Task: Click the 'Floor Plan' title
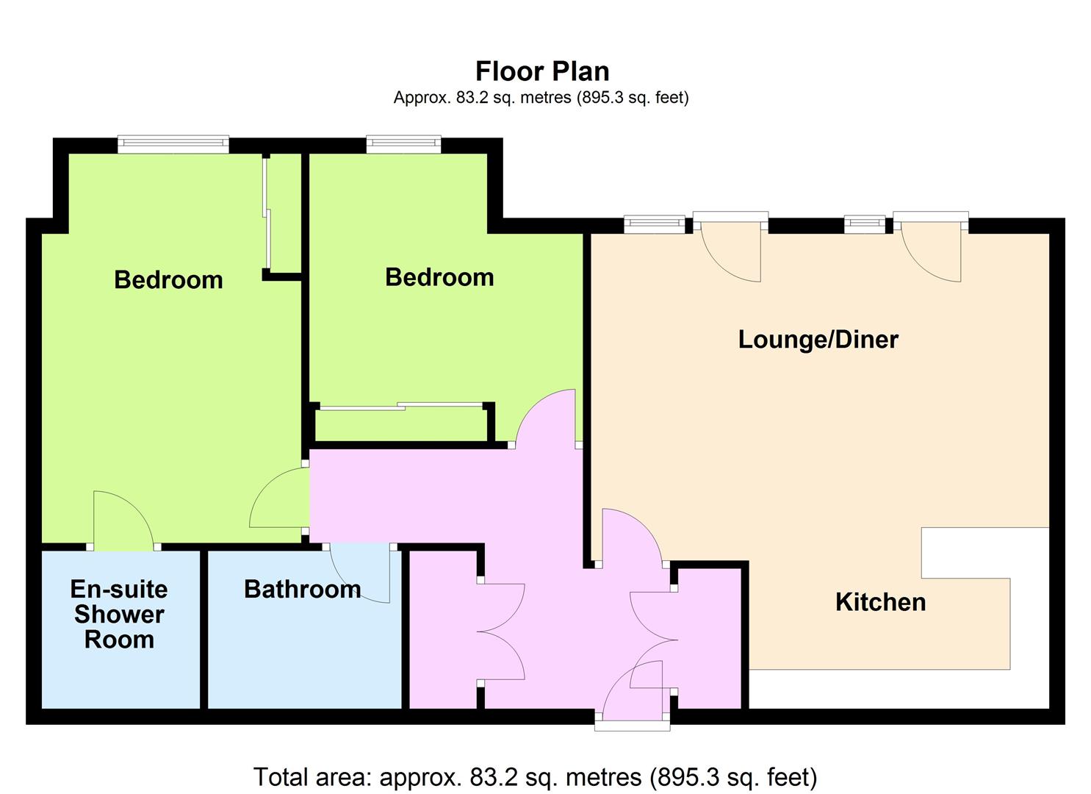tap(542, 71)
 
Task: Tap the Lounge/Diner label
tap(818, 340)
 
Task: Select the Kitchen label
tap(881, 602)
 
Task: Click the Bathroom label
tap(303, 590)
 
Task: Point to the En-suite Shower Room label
tap(119, 614)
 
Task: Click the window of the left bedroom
tap(173, 143)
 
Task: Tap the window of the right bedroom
tap(403, 143)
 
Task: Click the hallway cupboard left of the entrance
tap(442, 629)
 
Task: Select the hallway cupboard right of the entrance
tap(710, 638)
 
